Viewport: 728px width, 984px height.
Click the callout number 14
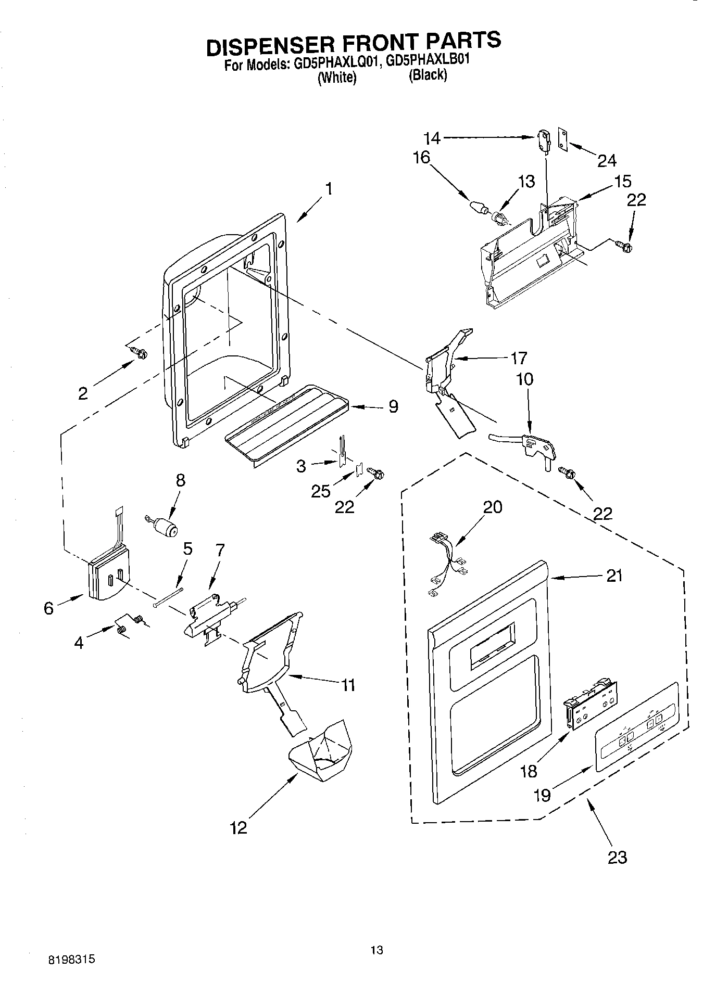(x=432, y=138)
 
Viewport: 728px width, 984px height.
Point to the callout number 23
(x=617, y=857)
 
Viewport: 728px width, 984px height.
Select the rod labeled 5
(x=168, y=596)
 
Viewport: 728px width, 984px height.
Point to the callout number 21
(x=614, y=576)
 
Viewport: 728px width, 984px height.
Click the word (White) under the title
(x=337, y=77)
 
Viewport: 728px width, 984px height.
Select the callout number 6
(x=48, y=608)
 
